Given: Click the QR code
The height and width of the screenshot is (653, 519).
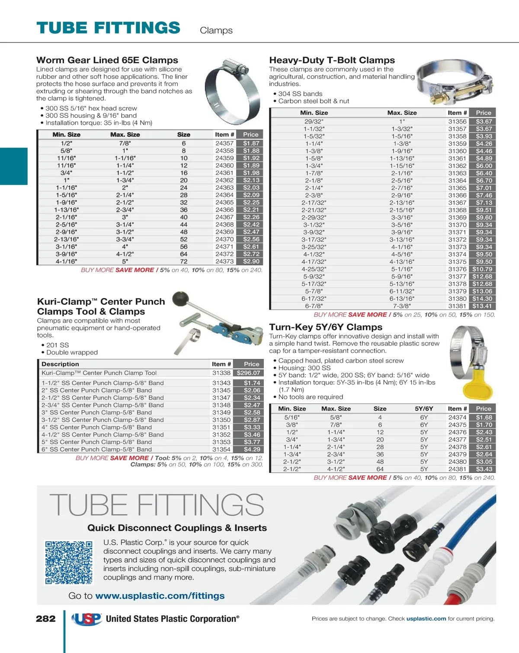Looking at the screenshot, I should [69, 562].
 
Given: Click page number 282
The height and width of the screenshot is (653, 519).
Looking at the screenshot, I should [45, 619].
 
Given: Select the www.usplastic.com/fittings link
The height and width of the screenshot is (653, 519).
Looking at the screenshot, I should [160, 596].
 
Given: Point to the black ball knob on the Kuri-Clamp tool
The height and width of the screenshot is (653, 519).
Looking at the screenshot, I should [180, 299].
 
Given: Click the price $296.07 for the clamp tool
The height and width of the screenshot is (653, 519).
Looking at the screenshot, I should [248, 373].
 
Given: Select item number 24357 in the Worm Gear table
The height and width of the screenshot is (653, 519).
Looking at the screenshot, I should [224, 143].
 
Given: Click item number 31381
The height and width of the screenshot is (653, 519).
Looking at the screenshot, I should [457, 306].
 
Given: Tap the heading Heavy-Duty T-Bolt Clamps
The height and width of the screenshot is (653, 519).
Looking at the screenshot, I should [332, 60].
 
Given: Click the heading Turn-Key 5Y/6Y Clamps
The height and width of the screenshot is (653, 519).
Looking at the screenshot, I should [326, 327].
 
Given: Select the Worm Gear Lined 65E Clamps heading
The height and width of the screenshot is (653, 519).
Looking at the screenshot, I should [107, 60].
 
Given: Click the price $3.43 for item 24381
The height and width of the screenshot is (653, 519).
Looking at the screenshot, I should [484, 469].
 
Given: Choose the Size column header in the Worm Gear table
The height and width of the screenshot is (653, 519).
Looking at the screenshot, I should [183, 135].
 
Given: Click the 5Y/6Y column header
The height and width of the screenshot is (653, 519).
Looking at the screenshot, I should [424, 409].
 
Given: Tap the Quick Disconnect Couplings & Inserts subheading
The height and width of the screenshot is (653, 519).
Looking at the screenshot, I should [177, 528].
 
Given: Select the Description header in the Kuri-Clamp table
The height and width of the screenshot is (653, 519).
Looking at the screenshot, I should [60, 364].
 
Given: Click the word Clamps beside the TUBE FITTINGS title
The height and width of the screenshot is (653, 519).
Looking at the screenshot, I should [216, 31].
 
